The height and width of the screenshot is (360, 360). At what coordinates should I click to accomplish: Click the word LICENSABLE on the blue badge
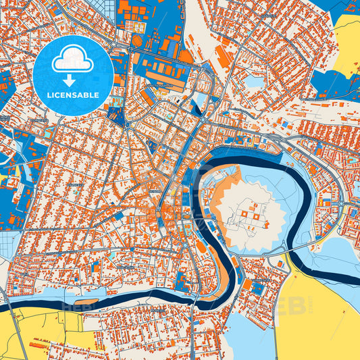pos(73,94)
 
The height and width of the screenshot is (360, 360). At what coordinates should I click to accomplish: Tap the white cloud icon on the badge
pos(73,61)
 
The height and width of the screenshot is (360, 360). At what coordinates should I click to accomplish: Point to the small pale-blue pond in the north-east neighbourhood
pos(254,82)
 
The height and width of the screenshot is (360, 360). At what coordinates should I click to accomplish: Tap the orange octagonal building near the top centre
pos(137,41)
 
